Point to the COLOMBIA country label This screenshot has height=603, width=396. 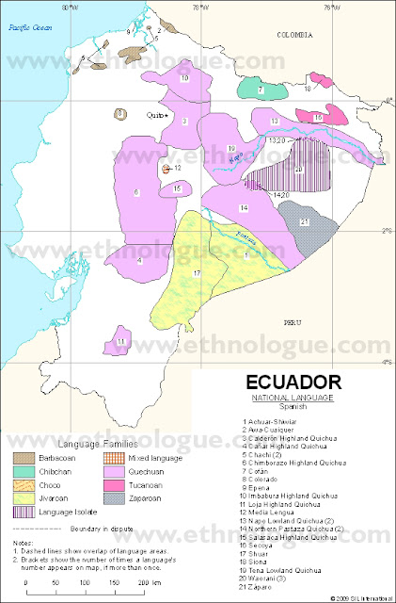(x=293, y=33)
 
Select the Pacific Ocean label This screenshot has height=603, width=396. (x=27, y=28)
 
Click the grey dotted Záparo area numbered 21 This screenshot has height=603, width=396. (x=302, y=222)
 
